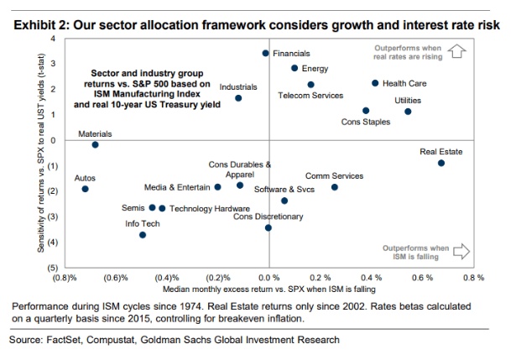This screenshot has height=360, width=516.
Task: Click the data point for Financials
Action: coord(265,53)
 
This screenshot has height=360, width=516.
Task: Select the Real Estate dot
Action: coord(441,163)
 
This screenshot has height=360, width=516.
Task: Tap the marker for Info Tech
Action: coord(143,235)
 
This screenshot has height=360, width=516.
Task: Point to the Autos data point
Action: coord(85,190)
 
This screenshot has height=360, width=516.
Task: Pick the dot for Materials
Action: coord(95,144)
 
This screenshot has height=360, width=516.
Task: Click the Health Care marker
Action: coord(375,83)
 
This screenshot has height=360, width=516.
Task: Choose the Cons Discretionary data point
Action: coord(268,227)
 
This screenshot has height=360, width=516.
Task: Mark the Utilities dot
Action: coord(408,112)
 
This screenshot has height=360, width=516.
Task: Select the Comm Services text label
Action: coord(334,176)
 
